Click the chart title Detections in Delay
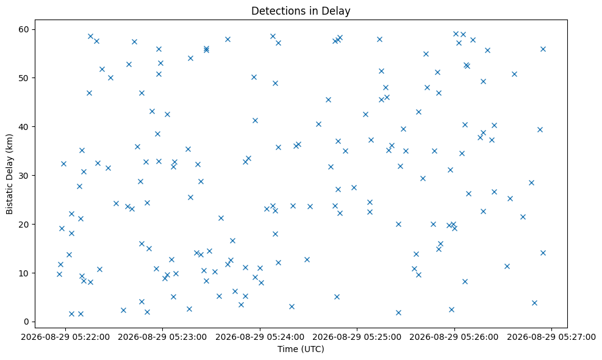(x=301, y=11)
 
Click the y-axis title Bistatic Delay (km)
(x=10, y=174)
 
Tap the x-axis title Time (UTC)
(x=301, y=349)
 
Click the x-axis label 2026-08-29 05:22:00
(x=65, y=337)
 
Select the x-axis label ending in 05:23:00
(x=162, y=337)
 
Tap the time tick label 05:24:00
(x=260, y=337)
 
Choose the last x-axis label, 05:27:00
(x=552, y=337)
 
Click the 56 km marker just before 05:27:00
(x=543, y=49)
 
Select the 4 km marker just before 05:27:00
(x=534, y=303)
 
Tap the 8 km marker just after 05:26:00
(x=465, y=282)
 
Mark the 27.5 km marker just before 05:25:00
(x=354, y=188)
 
